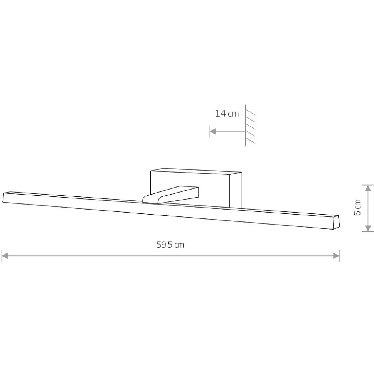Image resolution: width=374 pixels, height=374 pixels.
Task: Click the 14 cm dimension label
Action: (227, 114)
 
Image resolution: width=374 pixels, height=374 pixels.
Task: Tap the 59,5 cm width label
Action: (170, 245)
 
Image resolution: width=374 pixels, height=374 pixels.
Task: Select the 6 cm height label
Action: (357, 208)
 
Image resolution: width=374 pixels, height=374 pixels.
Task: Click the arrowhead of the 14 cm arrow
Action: (212, 131)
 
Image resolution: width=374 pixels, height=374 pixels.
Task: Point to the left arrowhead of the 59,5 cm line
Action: (5, 256)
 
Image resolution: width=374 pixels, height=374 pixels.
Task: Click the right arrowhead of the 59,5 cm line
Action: (336, 256)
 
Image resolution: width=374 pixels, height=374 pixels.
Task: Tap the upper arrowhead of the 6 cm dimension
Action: (368, 188)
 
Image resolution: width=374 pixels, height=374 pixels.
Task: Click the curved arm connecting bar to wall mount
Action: (170, 195)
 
